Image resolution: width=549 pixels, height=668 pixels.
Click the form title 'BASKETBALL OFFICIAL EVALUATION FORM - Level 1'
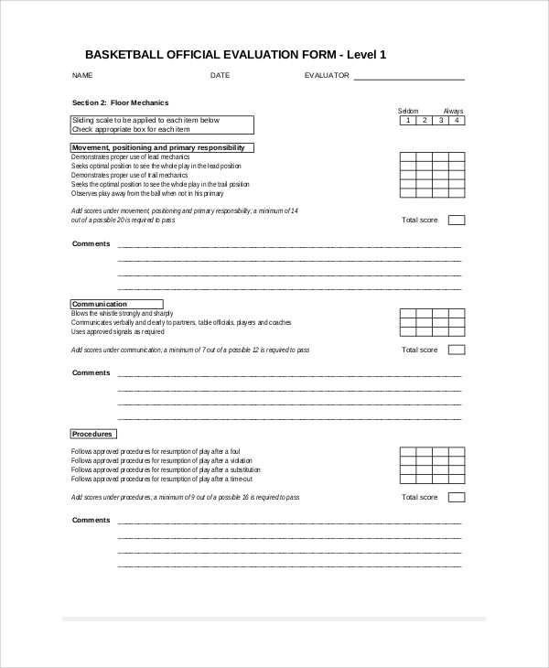235,55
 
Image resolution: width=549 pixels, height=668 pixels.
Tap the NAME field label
82,75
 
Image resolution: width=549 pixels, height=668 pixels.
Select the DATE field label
220,75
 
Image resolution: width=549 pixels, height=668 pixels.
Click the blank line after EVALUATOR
408,78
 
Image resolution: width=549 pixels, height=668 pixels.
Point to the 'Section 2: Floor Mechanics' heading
120,102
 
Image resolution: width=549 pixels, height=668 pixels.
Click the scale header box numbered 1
407,120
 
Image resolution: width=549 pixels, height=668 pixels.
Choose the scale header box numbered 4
457,120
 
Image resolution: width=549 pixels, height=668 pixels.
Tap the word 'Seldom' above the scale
407,110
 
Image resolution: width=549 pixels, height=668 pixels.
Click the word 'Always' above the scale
454,110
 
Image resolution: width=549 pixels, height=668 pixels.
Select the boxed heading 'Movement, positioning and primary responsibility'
162,147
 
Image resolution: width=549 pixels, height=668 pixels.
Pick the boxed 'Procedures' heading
93,434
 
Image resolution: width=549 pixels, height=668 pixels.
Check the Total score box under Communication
457,350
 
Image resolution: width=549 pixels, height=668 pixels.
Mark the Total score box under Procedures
457,497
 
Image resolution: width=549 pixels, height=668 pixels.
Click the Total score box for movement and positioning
457,220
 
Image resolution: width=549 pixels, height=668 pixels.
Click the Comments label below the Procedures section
91,520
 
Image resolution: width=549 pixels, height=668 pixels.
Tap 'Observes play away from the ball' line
146,194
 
